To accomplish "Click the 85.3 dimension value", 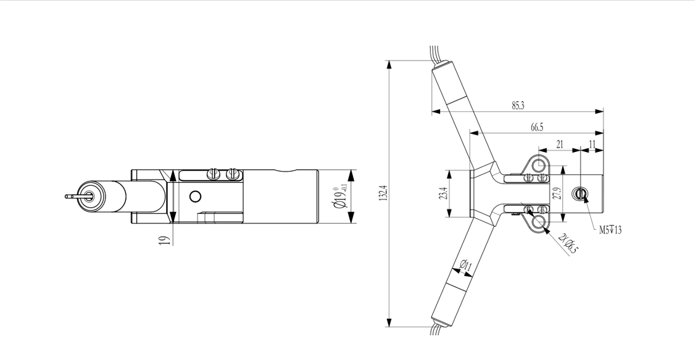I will pos(518,105).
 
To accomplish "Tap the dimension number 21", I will pos(559,144).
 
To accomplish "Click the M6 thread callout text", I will pos(610,230).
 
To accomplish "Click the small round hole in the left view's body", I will pos(196,196).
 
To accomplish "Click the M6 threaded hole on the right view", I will pos(580,194).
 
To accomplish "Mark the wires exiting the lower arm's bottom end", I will pos(435,330).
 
